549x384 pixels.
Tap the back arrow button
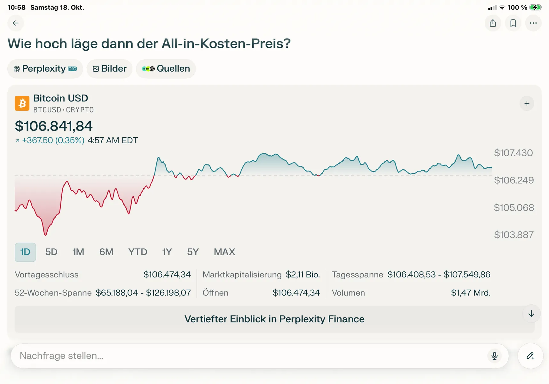pos(15,23)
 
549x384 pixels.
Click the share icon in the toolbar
pos(493,23)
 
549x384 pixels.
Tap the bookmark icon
pos(513,23)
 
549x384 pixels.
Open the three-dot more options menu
pos(533,23)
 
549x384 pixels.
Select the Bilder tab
pos(109,68)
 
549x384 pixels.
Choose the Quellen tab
pos(166,68)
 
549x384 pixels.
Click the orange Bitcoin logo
pos(22,103)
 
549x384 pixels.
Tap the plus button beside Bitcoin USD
pos(527,103)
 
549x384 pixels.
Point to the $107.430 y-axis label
pos(513,153)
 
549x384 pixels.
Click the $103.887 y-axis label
pos(514,235)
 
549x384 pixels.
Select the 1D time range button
pos(25,252)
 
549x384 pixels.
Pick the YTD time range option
pos(137,252)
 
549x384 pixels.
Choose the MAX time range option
pos(224,252)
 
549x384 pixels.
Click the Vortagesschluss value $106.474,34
pos(167,275)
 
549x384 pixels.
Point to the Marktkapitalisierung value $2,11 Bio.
pos(302,275)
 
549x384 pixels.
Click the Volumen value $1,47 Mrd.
pos(470,293)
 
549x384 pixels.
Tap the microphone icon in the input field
pos(494,356)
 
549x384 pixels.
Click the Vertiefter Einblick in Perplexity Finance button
pos(274,319)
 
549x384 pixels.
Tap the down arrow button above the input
pos(531,314)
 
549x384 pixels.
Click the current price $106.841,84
pos(54,126)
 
